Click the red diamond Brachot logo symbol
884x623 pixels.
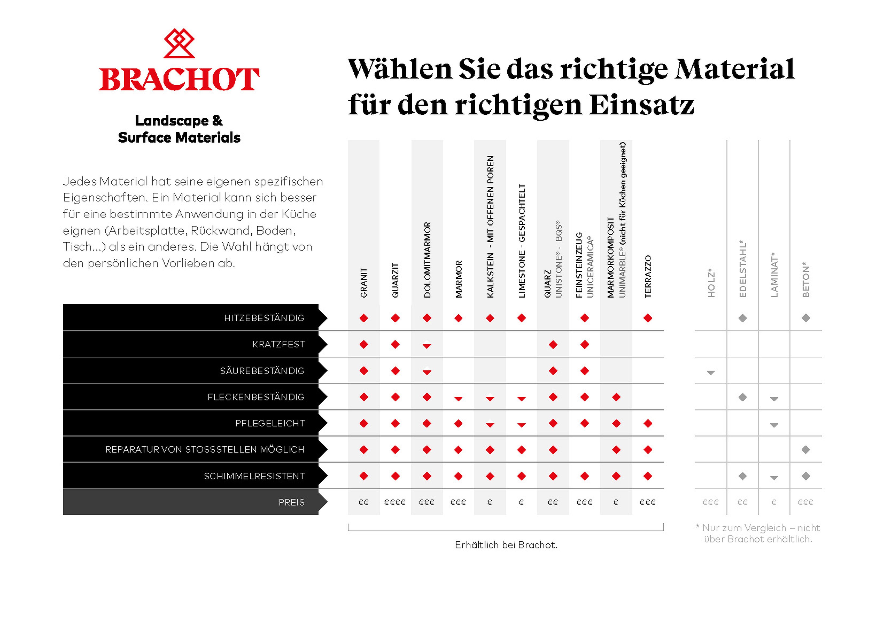179,43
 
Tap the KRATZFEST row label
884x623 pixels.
279,344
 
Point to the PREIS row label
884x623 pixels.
291,502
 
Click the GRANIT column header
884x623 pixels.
364,283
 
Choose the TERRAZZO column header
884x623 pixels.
648,276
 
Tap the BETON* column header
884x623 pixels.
806,280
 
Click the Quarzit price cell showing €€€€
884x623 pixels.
395,502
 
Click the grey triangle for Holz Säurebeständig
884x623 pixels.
711,373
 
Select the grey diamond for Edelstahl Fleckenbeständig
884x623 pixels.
743,397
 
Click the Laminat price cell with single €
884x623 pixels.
774,502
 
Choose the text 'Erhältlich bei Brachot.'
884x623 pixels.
506,545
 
